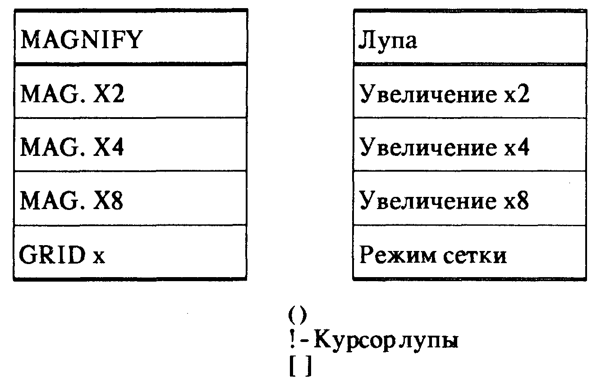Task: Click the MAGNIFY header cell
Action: tap(131, 36)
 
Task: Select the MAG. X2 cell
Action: tap(131, 91)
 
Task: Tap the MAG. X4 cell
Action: tap(131, 145)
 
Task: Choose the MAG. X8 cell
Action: tap(131, 198)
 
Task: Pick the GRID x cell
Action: tap(131, 252)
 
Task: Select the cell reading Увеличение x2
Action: tap(470, 91)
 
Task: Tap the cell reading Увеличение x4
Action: tap(470, 145)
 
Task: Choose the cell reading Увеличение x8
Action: tap(470, 198)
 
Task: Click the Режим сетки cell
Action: tap(470, 252)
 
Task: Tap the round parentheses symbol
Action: tap(298, 315)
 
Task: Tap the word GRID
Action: tap(52, 255)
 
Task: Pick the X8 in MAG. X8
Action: tap(108, 201)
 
